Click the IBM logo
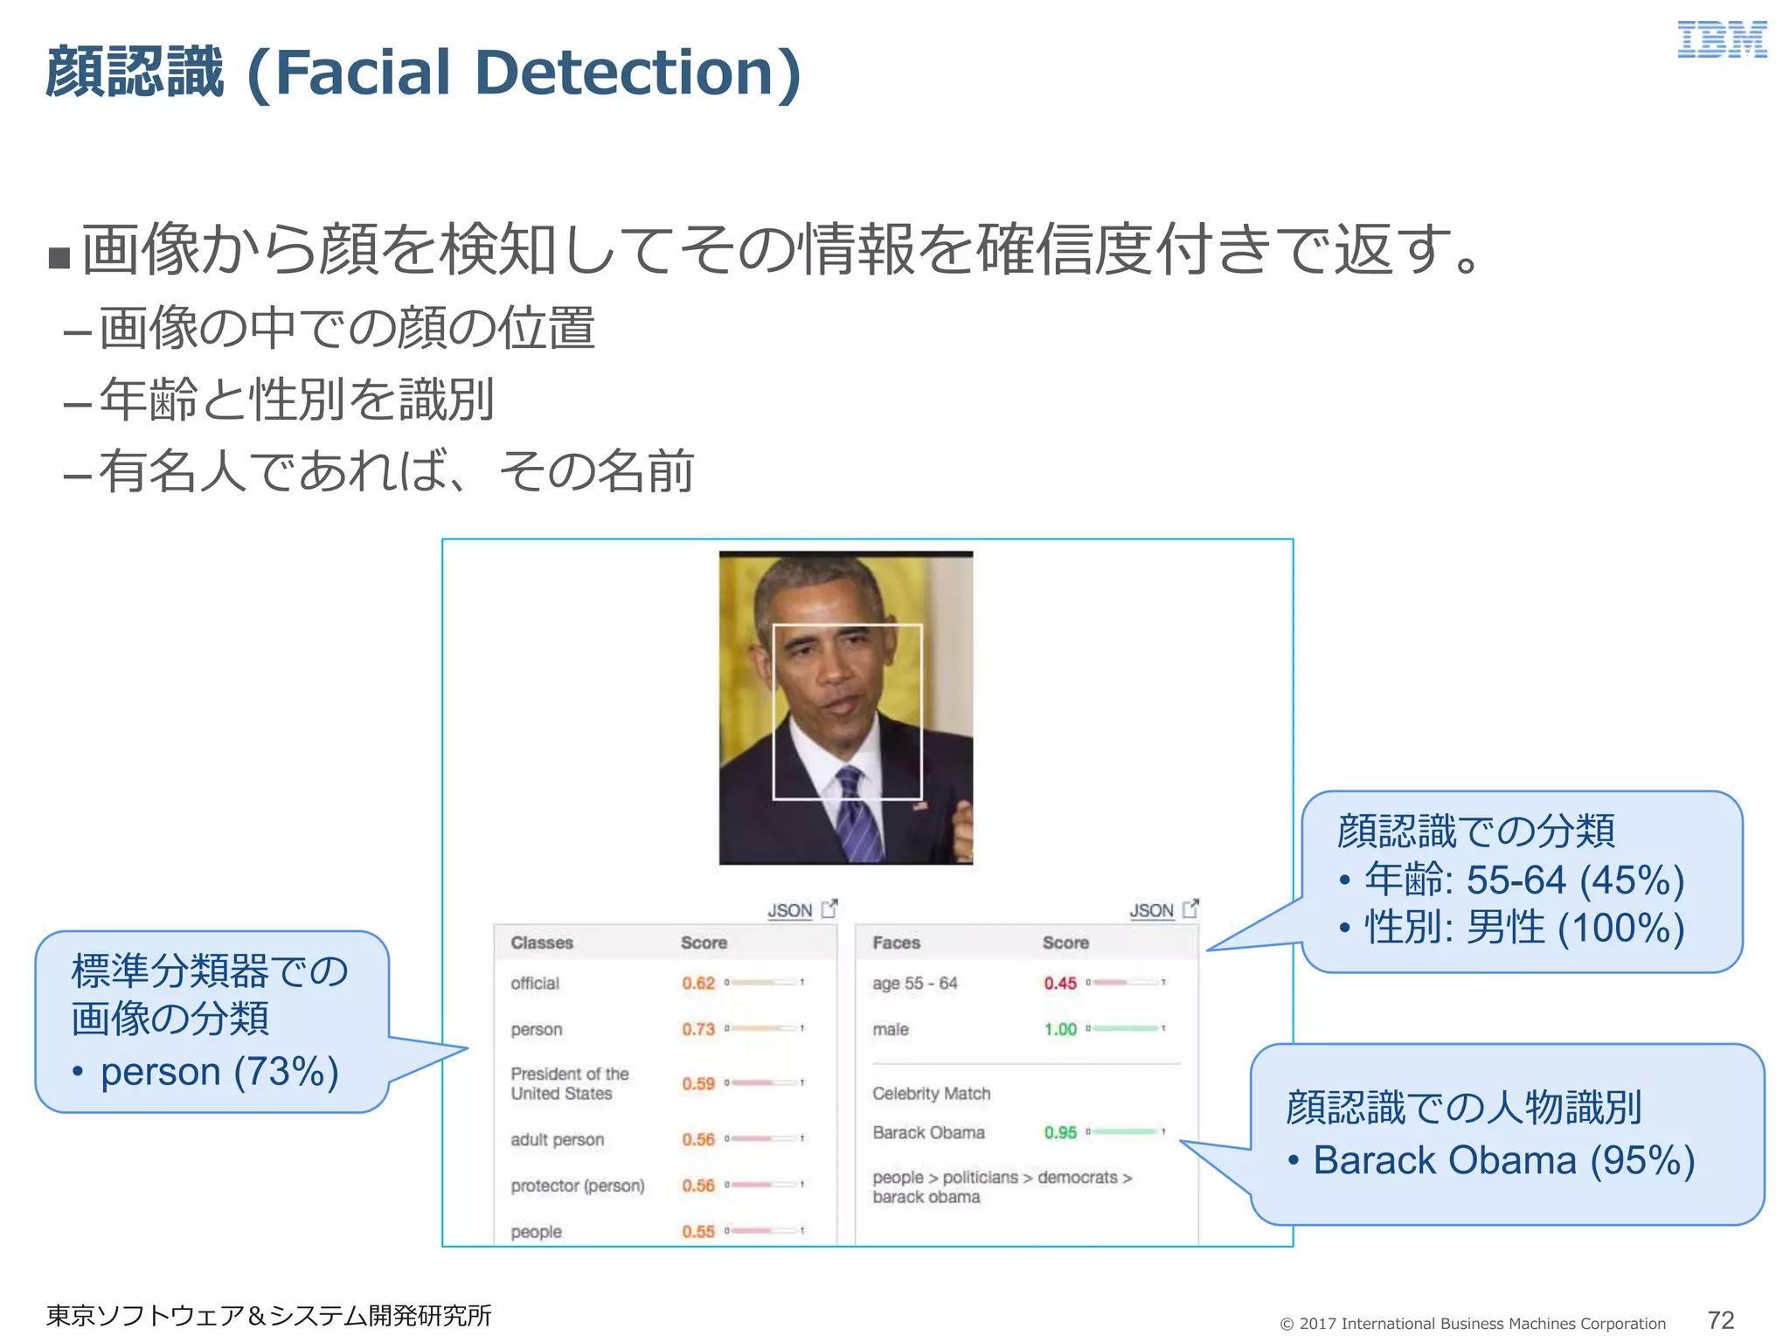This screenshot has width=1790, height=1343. tap(1722, 40)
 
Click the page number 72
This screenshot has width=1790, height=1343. tap(1720, 1319)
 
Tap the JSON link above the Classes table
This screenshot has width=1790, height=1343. tap(790, 910)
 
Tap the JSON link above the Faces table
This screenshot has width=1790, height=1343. tap(1151, 910)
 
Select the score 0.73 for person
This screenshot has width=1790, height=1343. tap(698, 1029)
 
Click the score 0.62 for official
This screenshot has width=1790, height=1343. tap(698, 983)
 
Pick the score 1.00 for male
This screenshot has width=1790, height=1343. tap(1060, 1029)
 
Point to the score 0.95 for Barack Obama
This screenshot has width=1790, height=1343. tap(1060, 1132)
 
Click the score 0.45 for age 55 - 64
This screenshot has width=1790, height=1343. tap(1060, 983)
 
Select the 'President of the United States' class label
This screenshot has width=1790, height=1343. tap(569, 1083)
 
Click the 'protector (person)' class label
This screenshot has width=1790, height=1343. tap(577, 1186)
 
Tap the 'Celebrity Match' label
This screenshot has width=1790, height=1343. tap(931, 1093)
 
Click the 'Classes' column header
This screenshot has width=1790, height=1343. tap(542, 943)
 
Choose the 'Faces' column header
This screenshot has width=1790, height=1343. tap(896, 943)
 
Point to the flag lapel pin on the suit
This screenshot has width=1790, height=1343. tap(919, 805)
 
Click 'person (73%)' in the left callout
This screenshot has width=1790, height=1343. tap(219, 1072)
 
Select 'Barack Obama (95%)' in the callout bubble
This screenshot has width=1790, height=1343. tap(1503, 1160)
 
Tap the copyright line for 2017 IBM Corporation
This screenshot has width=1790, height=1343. tap(1473, 1324)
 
